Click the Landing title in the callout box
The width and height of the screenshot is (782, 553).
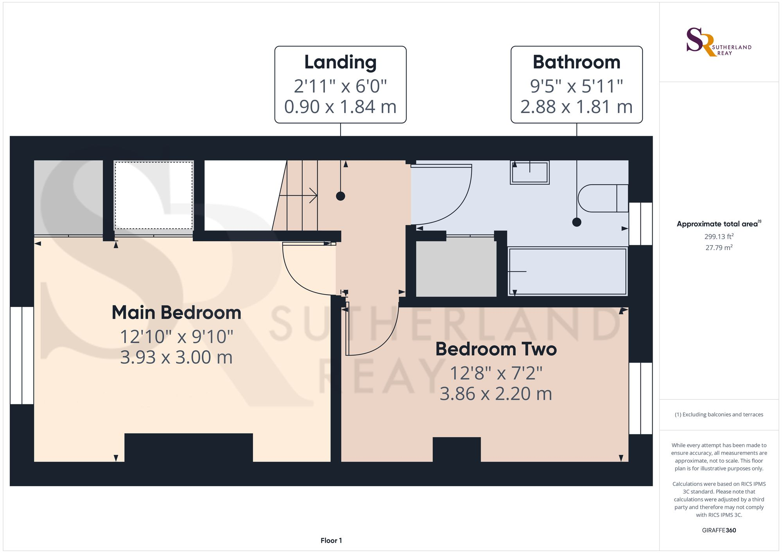(340, 63)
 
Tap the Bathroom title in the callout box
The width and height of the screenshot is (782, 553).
(576, 63)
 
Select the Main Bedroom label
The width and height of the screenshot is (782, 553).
(176, 313)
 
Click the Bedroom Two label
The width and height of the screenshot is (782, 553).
(496, 349)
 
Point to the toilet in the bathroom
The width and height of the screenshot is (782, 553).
(602, 198)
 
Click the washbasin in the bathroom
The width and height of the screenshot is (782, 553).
(529, 172)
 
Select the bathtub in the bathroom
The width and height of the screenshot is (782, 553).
(567, 271)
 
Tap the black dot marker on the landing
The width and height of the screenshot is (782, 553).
(341, 196)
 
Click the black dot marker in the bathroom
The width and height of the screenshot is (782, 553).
(576, 222)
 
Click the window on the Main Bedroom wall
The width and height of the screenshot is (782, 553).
(22, 355)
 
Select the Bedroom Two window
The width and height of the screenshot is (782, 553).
(640, 398)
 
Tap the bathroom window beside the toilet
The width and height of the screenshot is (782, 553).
(640, 224)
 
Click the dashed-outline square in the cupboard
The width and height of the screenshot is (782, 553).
(154, 196)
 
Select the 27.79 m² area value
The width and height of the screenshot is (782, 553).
(719, 248)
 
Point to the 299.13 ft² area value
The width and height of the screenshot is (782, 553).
(719, 237)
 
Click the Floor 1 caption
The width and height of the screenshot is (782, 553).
(331, 540)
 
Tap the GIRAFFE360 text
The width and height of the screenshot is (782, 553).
(719, 530)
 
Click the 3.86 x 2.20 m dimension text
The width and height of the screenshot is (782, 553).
(496, 394)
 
